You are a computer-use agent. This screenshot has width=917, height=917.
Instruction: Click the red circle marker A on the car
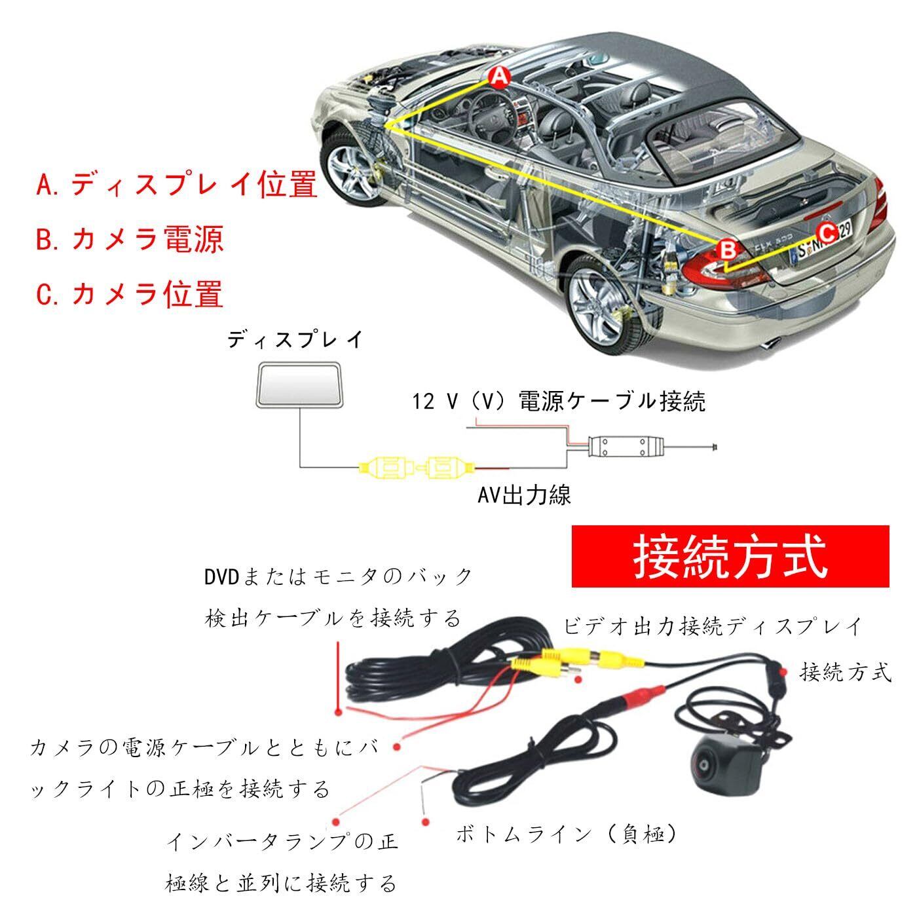pos(499,77)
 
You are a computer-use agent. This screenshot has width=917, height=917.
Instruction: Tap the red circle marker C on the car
pos(827,231)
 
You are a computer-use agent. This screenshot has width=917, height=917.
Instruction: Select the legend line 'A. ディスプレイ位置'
pos(177,185)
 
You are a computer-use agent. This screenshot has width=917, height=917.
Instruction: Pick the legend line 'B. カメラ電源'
pos(130,239)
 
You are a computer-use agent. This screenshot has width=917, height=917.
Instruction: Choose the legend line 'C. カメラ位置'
pos(130,293)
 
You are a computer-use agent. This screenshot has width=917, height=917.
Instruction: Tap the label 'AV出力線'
pos(524,495)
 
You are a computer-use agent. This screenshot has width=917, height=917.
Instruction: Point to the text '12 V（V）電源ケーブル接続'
pos(559,401)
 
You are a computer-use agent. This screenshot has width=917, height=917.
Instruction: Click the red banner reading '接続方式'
pos(730,556)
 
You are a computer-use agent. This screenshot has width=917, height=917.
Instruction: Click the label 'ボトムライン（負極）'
pos(566,834)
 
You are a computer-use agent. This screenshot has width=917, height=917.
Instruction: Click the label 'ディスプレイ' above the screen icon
pos(295,341)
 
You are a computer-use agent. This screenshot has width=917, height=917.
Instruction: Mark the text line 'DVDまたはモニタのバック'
pos(338,576)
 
